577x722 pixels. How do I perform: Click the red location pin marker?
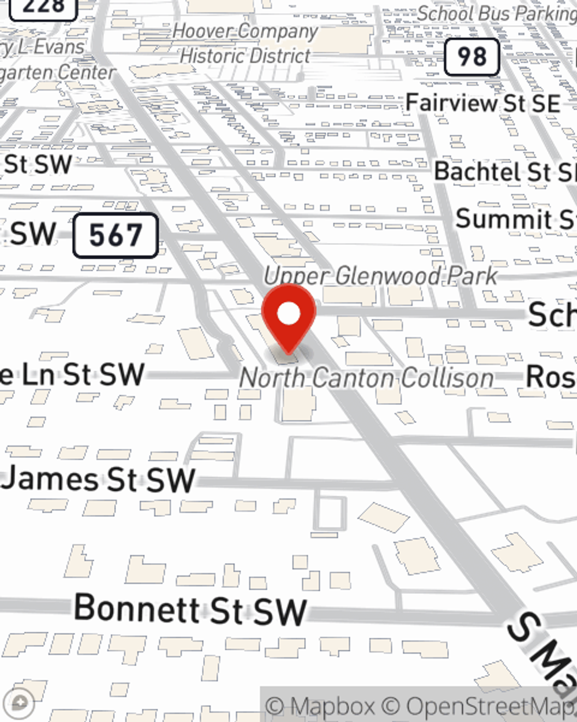tap(288, 321)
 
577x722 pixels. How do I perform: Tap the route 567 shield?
tap(115, 235)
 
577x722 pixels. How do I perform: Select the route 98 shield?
tap(471, 57)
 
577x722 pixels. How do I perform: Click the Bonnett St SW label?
tap(190, 609)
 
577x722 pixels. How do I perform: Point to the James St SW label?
tap(98, 480)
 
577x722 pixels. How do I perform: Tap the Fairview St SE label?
tap(482, 103)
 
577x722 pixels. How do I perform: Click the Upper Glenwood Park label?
tap(381, 276)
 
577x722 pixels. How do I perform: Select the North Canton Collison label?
tap(367, 378)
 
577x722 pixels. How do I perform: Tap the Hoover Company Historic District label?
tap(245, 43)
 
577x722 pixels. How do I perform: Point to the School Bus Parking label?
tap(496, 13)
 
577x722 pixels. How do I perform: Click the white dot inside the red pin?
tap(288, 314)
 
